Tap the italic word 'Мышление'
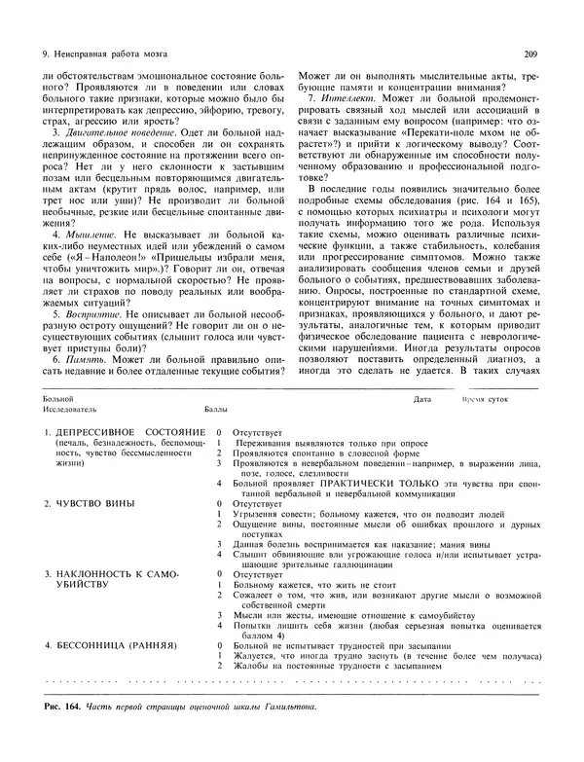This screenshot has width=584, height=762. (85, 235)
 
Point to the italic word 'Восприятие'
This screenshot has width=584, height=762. (89, 314)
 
